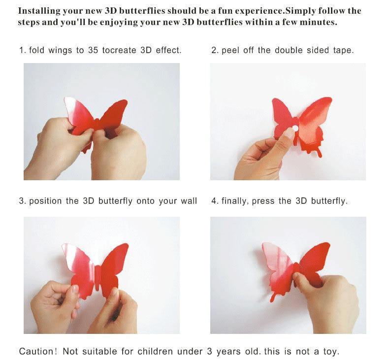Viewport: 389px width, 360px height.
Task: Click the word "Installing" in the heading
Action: (39, 11)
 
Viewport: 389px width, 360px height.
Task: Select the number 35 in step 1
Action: (93, 50)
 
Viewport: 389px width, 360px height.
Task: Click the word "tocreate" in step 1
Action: (119, 50)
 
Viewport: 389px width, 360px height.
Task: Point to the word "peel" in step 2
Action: (230, 51)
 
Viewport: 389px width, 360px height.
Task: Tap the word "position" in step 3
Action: (45, 201)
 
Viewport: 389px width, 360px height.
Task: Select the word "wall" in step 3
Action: (189, 201)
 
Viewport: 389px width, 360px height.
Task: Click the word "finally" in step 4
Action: (234, 201)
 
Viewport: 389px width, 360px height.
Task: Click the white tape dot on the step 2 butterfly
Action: (295, 128)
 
